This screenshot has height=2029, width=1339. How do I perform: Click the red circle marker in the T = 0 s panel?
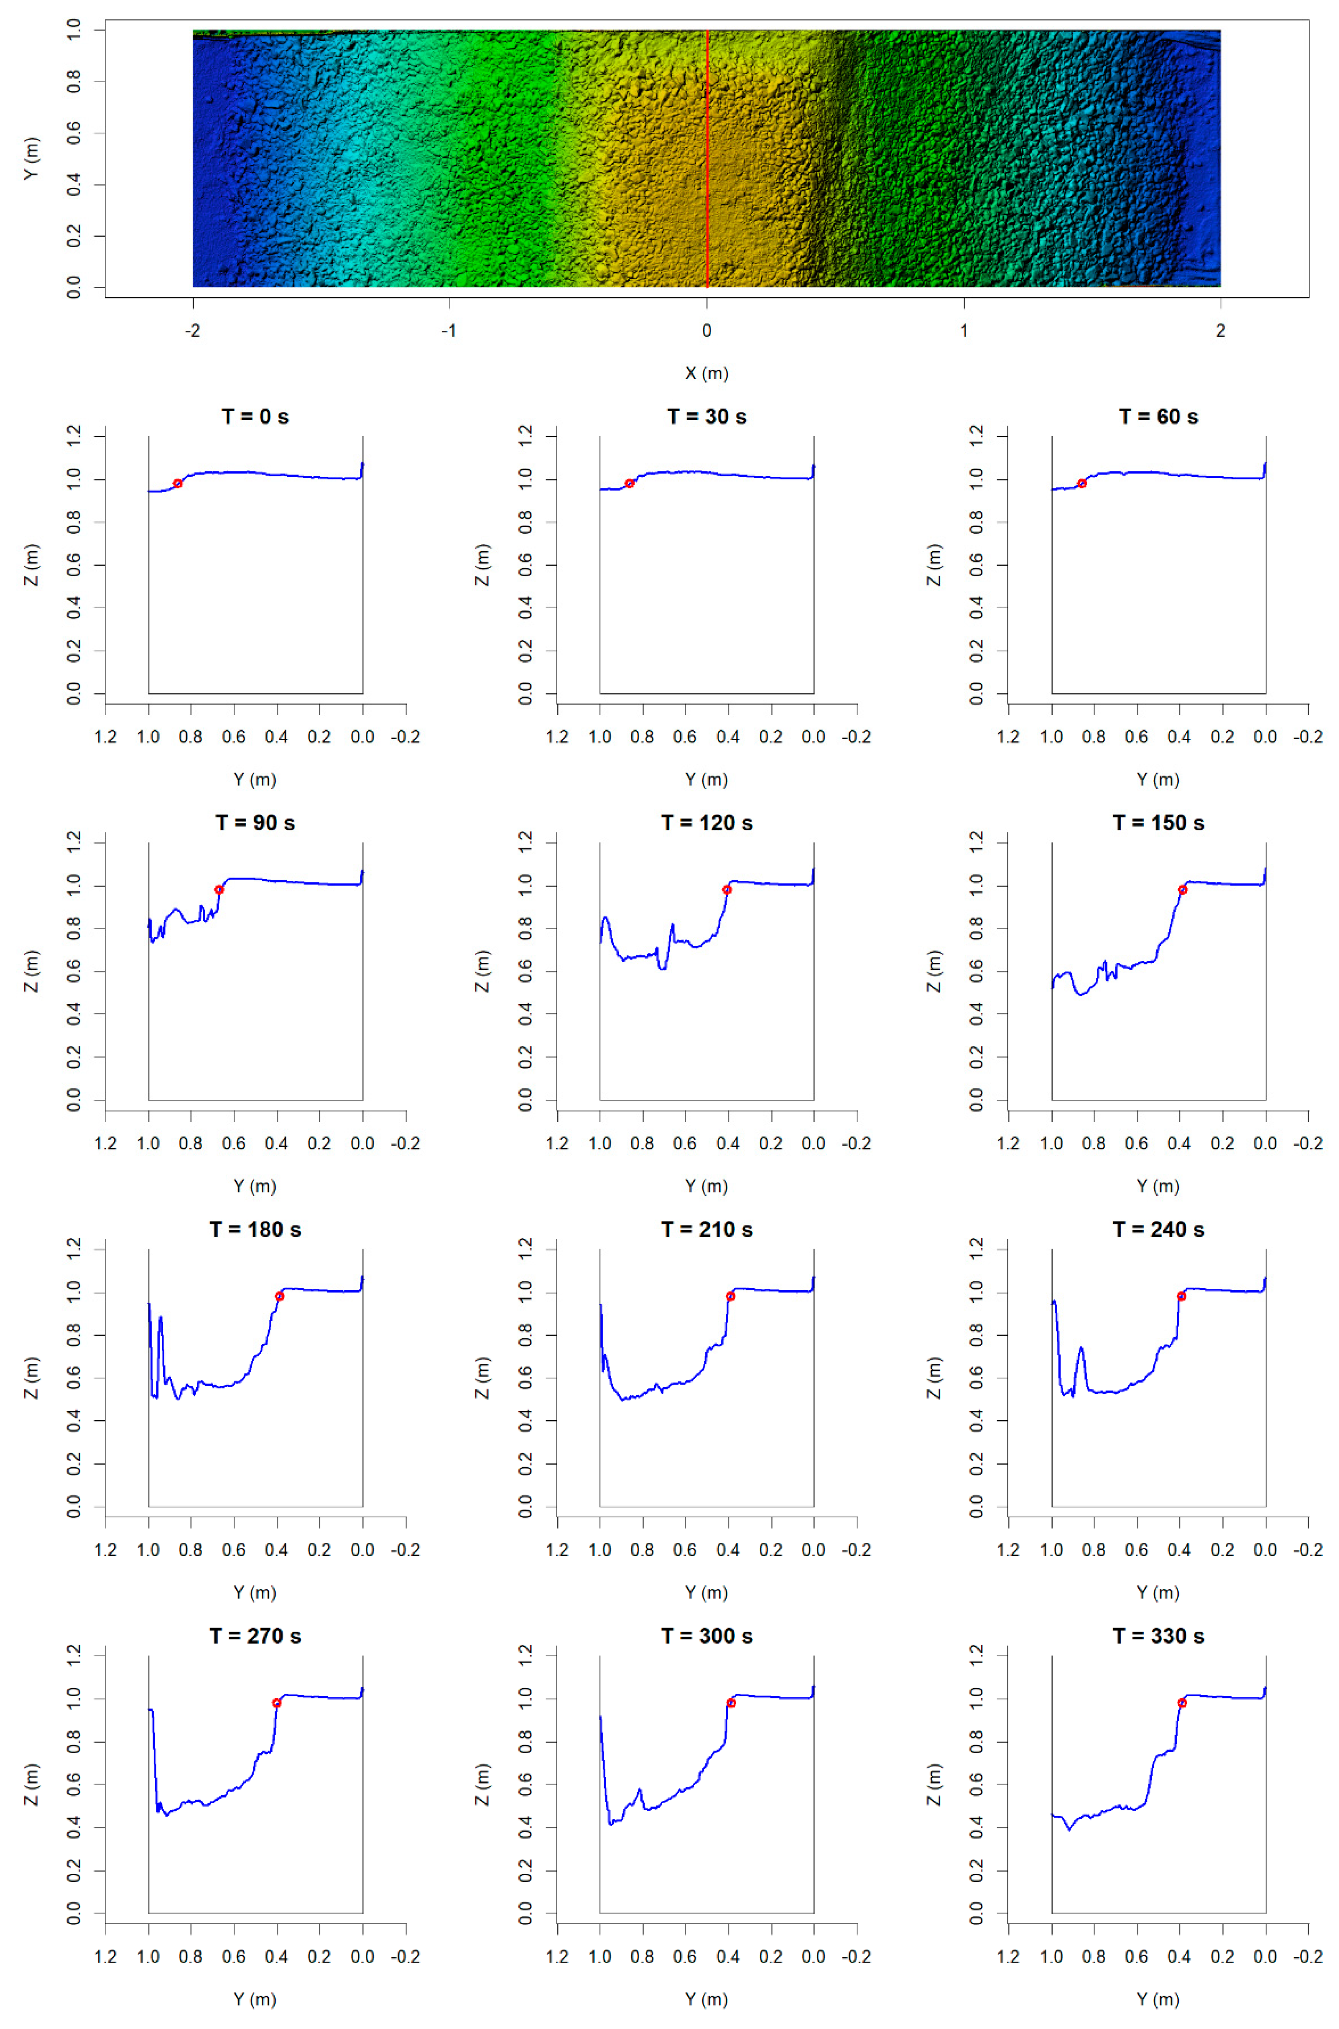pos(178,483)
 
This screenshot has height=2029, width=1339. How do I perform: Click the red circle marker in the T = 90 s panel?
pos(219,890)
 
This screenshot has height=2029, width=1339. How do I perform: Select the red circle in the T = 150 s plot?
pos(1183,890)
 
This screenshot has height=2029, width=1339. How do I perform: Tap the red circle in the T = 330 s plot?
pos(1182,1703)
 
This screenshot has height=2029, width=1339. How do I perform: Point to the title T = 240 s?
pos(1158,1230)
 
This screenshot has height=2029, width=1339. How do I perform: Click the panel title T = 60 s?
pos(1158,417)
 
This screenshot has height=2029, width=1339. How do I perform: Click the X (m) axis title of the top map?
pos(706,373)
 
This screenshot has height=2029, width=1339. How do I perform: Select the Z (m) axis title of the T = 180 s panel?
pos(32,1378)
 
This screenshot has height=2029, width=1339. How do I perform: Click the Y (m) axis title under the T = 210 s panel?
pos(706,1593)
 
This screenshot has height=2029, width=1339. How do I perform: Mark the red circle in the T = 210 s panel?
pos(730,1297)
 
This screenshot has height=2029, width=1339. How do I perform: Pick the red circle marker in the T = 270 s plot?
pos(277,1703)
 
